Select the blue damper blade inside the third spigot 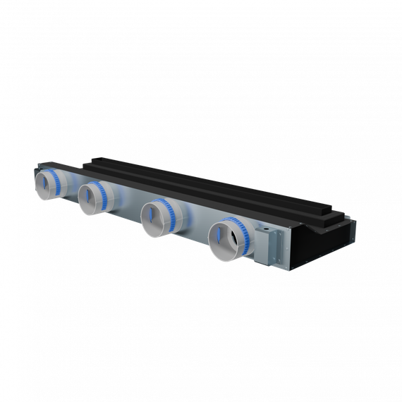[152, 219]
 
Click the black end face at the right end [324, 243]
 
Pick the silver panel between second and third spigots [130, 205]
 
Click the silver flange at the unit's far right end [279, 247]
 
